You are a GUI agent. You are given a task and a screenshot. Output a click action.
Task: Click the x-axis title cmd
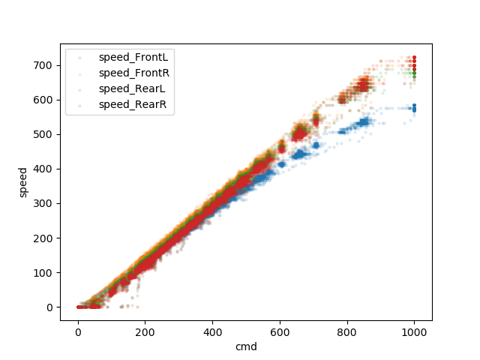coord(246,347)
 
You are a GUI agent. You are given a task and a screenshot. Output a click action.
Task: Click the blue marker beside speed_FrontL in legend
coord(80,57)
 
